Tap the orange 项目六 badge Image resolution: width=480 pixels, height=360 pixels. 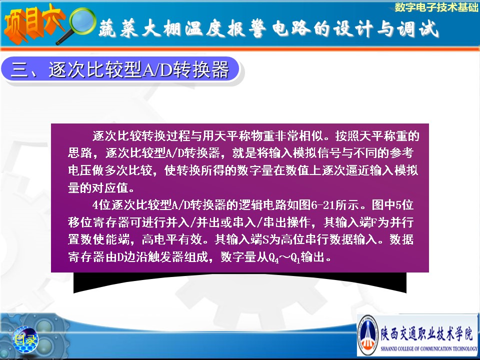(x=33, y=24)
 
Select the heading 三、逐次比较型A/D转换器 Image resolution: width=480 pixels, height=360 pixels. (x=119, y=69)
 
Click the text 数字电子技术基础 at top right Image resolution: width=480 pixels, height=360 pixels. (x=436, y=7)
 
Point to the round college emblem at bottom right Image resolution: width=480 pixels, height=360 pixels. (x=368, y=335)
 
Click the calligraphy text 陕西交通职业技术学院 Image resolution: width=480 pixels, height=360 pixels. (x=426, y=333)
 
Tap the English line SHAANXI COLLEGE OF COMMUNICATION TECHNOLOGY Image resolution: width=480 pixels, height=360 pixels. (x=428, y=348)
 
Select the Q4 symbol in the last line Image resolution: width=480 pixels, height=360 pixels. (x=274, y=258)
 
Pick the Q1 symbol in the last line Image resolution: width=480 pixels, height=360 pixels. (x=295, y=258)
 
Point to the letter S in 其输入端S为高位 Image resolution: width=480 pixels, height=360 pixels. (x=265, y=239)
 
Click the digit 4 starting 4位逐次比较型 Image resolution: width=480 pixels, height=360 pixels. (x=95, y=205)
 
